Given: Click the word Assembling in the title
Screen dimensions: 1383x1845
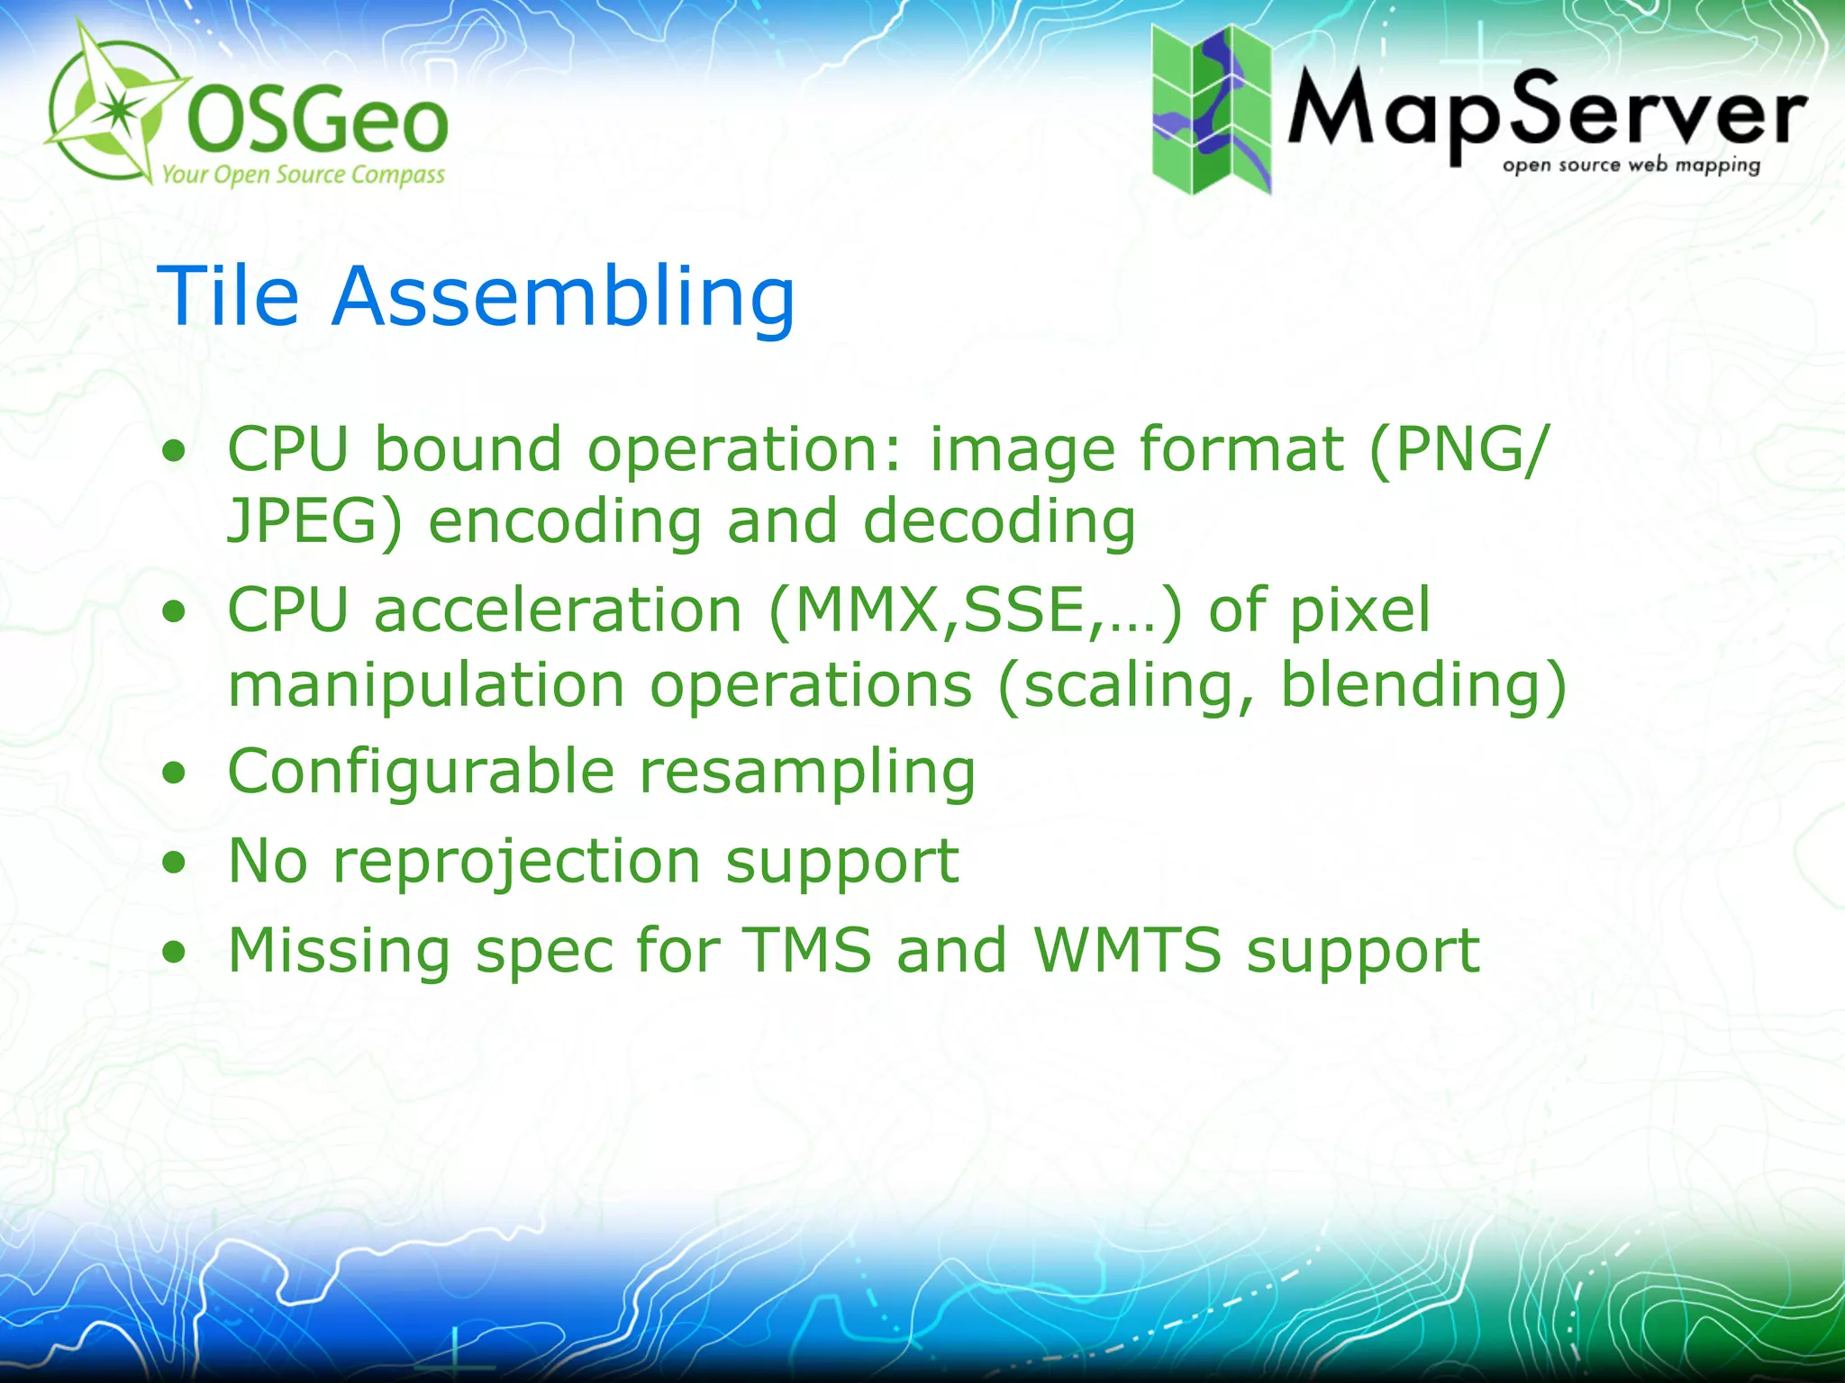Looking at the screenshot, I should click(x=563, y=298).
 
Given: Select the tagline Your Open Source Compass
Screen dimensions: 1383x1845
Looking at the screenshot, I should click(x=303, y=174).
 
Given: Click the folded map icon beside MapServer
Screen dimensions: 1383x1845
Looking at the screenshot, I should click(x=1212, y=109).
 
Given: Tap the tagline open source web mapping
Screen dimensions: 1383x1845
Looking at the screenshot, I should click(x=1631, y=166).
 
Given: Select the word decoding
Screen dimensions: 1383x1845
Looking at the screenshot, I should click(x=999, y=522).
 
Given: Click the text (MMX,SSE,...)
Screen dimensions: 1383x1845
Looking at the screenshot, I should click(x=975, y=611).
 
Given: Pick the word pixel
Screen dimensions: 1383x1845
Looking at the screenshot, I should click(x=1360, y=611).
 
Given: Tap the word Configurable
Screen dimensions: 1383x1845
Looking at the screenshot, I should click(x=421, y=773).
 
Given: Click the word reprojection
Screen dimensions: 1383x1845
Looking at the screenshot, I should click(x=516, y=863).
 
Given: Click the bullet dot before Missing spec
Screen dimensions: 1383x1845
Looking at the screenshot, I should click(x=174, y=953).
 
